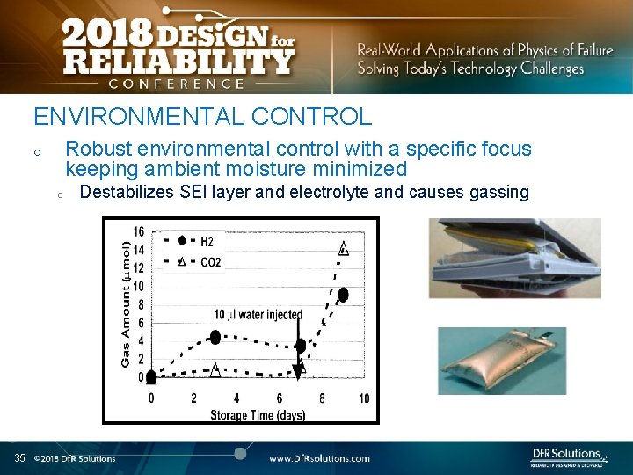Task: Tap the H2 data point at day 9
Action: coord(343,294)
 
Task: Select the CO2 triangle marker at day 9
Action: coord(343,248)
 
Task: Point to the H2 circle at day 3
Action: coord(215,337)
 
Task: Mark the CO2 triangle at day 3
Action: coord(215,370)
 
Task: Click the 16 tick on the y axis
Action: coord(139,231)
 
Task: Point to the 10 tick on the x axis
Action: coord(364,398)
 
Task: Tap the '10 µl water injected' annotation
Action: coord(258,314)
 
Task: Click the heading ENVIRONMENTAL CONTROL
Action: coord(202,116)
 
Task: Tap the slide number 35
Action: coord(19,458)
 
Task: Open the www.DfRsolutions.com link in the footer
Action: coord(319,458)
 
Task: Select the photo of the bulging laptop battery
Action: coord(514,259)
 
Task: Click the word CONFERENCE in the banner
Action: coord(176,84)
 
